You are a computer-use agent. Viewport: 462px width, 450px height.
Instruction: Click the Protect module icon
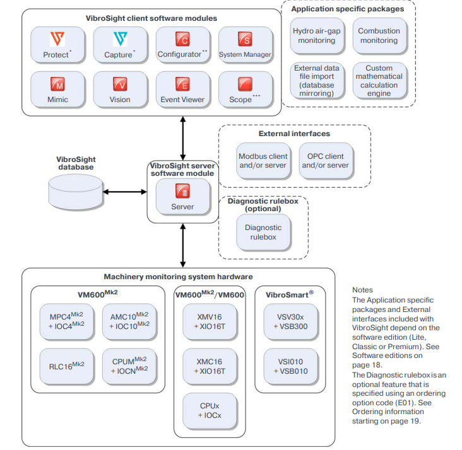(57, 40)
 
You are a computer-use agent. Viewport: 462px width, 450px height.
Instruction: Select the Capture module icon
(119, 40)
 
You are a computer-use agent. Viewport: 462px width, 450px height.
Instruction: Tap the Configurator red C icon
(182, 40)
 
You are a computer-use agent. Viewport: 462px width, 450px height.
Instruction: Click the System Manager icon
(245, 40)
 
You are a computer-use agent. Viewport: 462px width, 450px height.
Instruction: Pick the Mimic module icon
(57, 84)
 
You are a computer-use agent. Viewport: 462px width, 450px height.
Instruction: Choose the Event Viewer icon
(182, 84)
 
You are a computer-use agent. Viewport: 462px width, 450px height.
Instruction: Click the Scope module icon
(245, 84)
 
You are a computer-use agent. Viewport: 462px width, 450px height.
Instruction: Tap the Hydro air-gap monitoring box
(314, 35)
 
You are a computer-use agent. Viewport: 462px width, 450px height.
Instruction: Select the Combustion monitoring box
(379, 35)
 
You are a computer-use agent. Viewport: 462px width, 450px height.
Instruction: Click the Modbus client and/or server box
(263, 161)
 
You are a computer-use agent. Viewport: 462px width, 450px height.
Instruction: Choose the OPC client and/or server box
(326, 161)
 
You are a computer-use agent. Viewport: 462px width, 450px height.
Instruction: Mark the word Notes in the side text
(363, 291)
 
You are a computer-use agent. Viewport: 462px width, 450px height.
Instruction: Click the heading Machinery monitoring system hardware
(178, 276)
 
